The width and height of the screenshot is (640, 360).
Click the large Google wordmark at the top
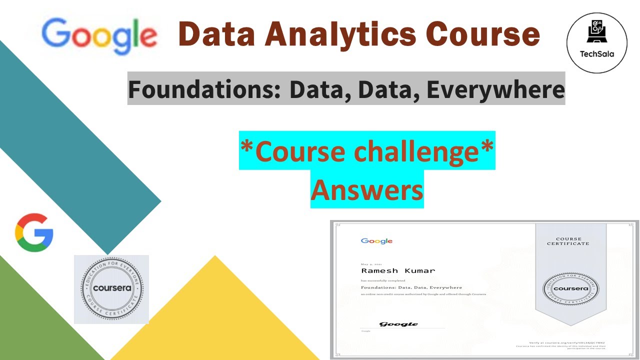99,36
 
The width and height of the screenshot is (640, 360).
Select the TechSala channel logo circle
596,43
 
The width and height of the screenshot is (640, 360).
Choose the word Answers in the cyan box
367,189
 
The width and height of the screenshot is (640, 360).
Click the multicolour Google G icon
34,232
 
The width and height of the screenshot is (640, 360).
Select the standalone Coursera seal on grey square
111,289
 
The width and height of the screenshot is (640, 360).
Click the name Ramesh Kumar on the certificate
398,270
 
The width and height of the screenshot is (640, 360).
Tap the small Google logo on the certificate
376,241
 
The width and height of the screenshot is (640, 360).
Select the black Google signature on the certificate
398,324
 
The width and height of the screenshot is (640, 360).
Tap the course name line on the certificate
411,287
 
